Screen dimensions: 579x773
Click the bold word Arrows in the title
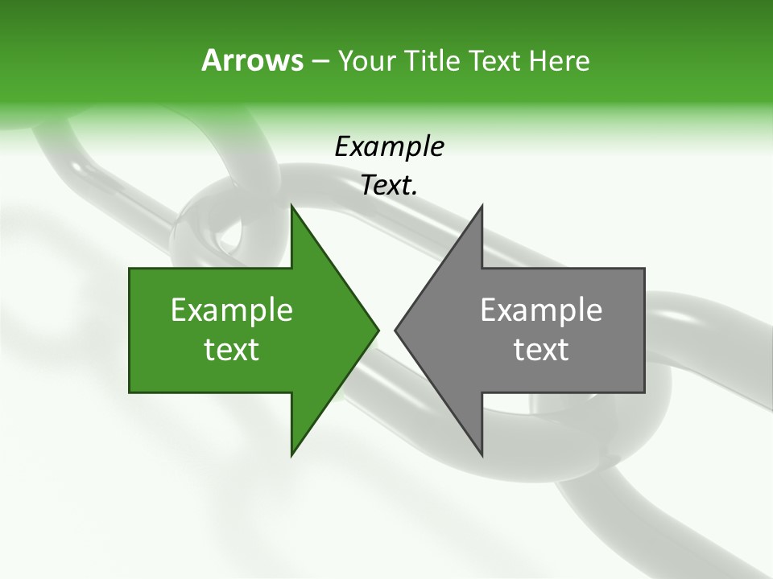251,61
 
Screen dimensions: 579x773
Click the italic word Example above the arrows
389,147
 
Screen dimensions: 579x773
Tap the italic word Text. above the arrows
389,186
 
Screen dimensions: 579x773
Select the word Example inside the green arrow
231,310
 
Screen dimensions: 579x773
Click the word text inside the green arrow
231,350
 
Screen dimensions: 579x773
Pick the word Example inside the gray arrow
541,310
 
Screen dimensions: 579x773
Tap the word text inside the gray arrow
541,350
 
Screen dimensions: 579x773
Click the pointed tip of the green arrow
378,330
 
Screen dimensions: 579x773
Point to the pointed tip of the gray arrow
395,330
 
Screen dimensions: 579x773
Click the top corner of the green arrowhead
291,206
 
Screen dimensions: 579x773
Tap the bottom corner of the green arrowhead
291,454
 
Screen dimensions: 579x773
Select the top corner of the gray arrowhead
482,206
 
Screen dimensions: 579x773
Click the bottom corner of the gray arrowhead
482,454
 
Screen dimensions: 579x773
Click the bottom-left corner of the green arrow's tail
130,392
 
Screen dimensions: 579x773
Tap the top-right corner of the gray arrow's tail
644,269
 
